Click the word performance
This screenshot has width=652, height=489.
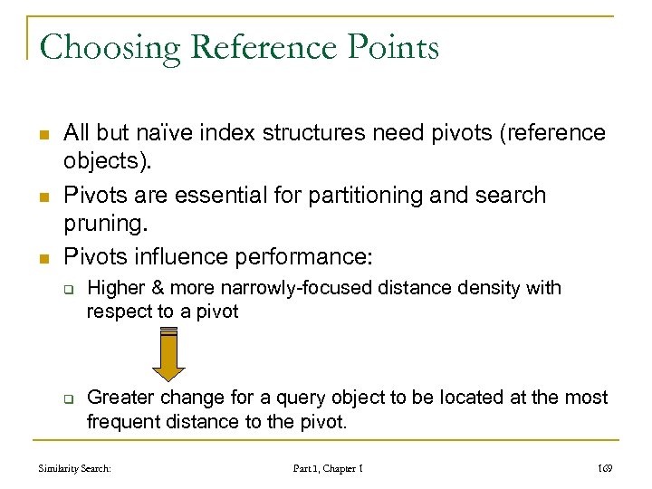click(x=302, y=256)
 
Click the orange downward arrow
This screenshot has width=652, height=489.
click(x=168, y=354)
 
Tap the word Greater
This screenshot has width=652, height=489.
click(x=118, y=397)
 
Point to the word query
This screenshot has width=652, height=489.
click(x=278, y=397)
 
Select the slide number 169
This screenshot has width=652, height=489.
click(x=604, y=468)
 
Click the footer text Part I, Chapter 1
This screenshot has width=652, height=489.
click(x=328, y=468)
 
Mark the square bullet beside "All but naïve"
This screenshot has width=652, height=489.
click(x=43, y=133)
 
